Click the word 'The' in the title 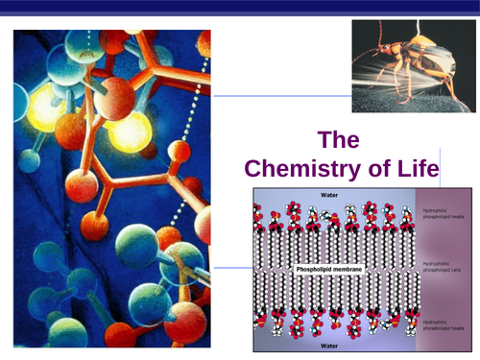(345, 140)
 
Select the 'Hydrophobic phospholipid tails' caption (446, 263)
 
